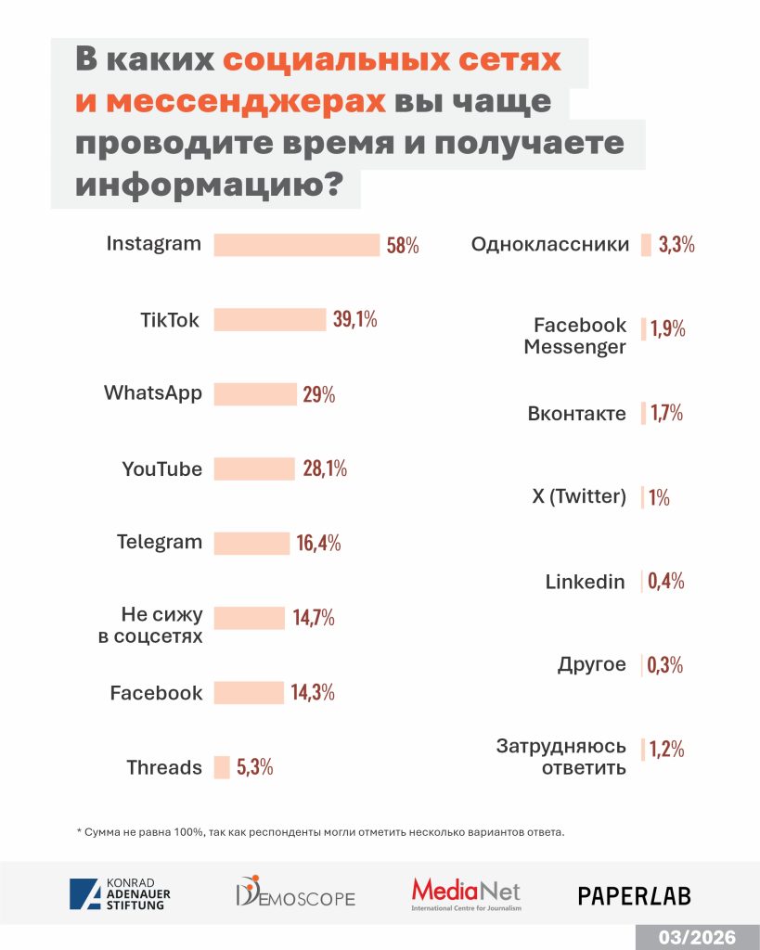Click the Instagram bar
(297, 245)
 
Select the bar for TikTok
(270, 319)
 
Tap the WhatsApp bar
(255, 393)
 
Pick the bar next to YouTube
(253, 469)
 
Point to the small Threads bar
(222, 767)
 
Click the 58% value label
(403, 246)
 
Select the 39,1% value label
(354, 320)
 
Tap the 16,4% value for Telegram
(318, 544)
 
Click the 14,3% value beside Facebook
(312, 692)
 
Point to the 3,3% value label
(676, 246)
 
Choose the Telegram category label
(159, 543)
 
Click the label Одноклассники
(549, 246)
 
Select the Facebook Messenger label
(575, 336)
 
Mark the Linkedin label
(585, 582)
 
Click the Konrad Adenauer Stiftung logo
(120, 894)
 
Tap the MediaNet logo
(466, 894)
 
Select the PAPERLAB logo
(634, 895)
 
